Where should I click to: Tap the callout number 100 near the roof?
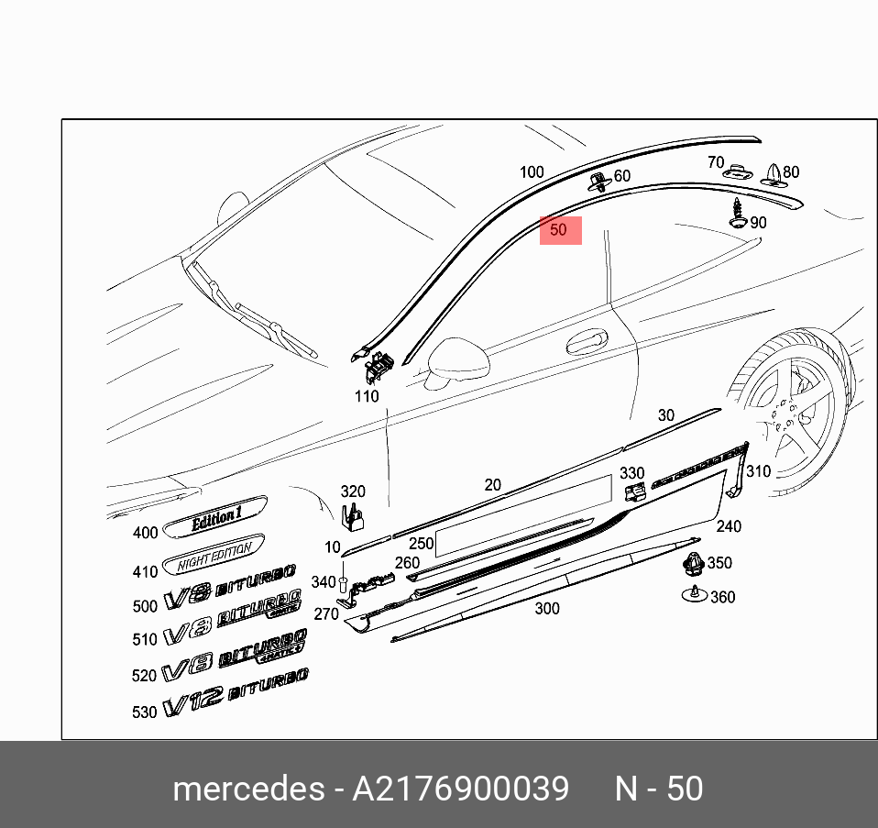tap(532, 172)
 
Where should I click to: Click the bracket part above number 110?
tap(376, 367)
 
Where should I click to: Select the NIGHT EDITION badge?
tap(213, 555)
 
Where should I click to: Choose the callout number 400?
tap(146, 533)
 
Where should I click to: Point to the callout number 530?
tap(145, 712)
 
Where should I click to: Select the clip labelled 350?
tap(694, 563)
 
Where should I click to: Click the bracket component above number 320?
tap(352, 518)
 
